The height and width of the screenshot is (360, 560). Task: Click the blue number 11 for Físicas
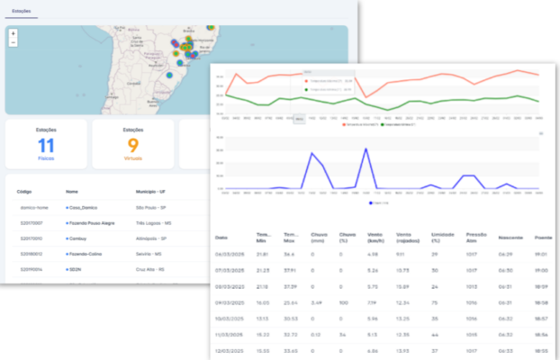pos(46,145)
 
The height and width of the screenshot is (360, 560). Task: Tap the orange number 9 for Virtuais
pos(132,145)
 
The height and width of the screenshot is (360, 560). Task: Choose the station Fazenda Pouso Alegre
pos(94,222)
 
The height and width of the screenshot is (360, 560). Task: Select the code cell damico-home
pos(32,207)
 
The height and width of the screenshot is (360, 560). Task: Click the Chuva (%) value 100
pos(343,301)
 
